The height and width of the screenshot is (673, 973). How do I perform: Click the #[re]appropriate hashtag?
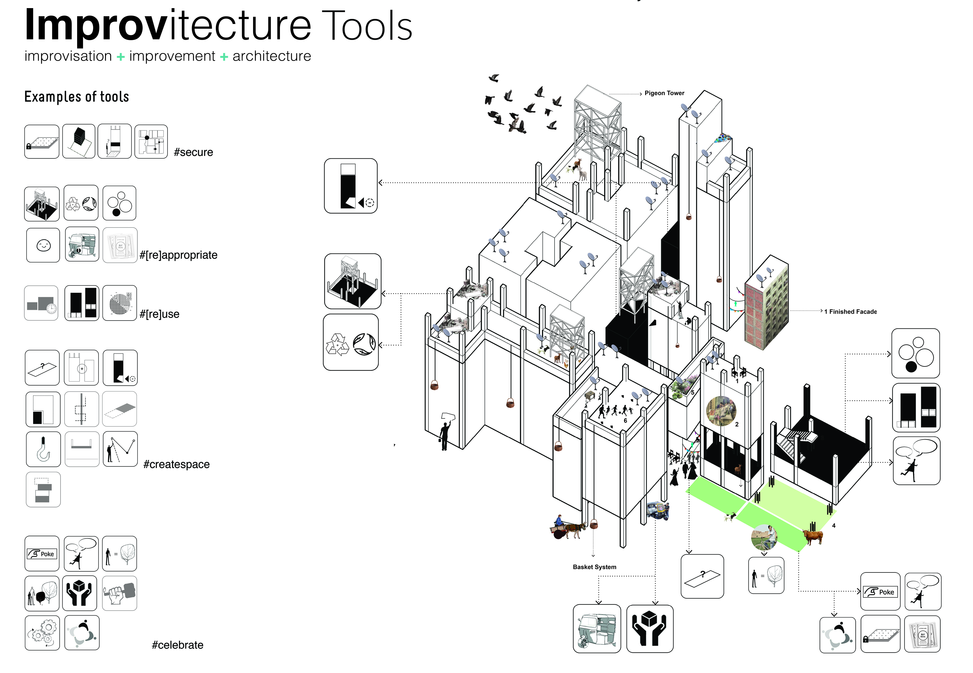coord(178,255)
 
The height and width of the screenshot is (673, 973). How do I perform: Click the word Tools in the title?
coord(367,26)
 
